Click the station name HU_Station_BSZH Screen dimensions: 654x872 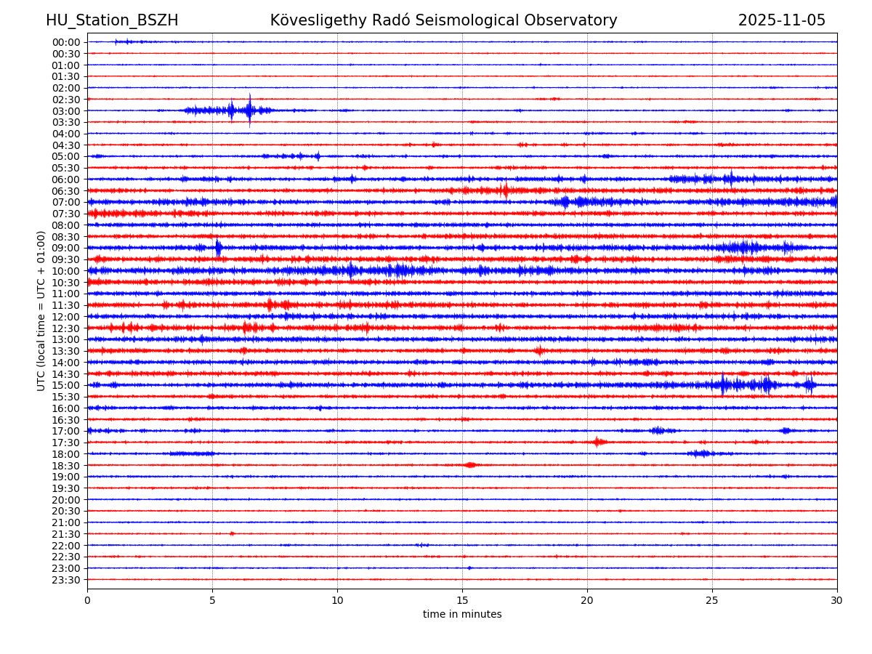[112, 20]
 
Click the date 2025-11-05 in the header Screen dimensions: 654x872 [782, 20]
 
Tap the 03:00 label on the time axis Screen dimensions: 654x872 [66, 110]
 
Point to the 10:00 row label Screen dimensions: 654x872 [66, 271]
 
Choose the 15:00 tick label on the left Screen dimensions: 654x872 [66, 385]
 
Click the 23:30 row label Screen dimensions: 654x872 [66, 580]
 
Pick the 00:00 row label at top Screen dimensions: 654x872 [66, 42]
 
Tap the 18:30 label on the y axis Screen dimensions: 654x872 [66, 465]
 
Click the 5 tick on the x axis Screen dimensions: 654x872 [212, 600]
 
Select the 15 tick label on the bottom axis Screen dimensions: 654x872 [462, 600]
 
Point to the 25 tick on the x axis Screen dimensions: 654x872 [712, 600]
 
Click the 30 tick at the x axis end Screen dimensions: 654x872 [837, 600]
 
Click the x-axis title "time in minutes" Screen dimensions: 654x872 [462, 614]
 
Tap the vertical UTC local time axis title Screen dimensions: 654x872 [41, 310]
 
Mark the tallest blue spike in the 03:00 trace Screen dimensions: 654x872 [249, 110]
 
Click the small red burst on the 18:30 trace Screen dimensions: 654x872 [470, 465]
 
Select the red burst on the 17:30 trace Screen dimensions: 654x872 [598, 442]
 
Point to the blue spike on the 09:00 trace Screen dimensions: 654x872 [218, 248]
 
